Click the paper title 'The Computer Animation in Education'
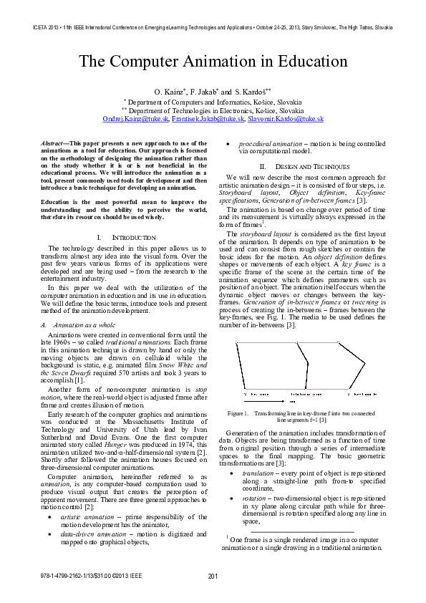[213, 62]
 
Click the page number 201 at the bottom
[213, 577]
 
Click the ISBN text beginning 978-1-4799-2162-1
[80, 577]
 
